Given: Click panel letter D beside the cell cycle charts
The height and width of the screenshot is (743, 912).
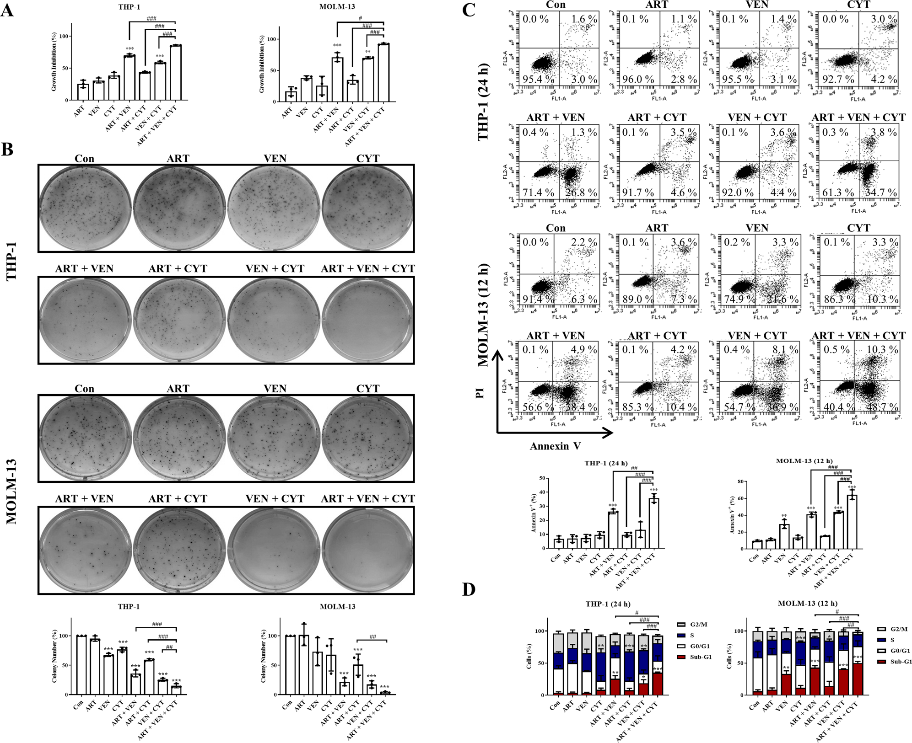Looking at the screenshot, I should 469,590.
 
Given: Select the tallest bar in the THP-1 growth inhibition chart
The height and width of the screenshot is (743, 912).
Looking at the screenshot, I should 175,72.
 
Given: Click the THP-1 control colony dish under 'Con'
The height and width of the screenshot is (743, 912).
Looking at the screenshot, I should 85,208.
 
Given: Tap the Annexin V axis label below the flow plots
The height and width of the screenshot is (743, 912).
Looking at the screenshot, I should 555,446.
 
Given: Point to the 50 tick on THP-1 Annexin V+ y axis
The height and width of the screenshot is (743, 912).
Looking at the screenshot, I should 541,478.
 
